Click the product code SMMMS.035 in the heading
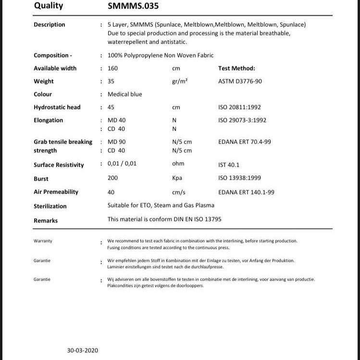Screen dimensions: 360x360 (x=133, y=6)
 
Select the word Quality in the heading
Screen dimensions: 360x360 (x=48, y=6)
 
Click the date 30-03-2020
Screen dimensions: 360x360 (x=82, y=350)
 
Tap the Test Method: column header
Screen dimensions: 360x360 (x=236, y=68)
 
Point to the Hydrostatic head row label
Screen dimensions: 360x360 (x=57, y=107)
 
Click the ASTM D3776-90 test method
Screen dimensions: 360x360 (x=240, y=81)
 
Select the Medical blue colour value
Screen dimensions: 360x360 (x=124, y=94)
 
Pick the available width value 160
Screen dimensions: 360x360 (x=112, y=68)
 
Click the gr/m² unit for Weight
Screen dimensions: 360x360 (x=179, y=81)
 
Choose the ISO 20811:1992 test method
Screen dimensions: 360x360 (x=239, y=107)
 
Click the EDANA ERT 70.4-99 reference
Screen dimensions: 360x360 (x=245, y=142)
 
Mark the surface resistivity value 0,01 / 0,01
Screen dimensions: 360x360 (x=122, y=163)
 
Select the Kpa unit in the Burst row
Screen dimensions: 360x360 (x=177, y=178)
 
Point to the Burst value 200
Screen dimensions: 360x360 (x=112, y=178)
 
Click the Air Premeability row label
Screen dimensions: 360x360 (x=56, y=192)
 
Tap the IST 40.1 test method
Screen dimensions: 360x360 (x=229, y=165)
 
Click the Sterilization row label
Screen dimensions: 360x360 (x=50, y=206)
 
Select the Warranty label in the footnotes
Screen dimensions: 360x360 (x=43, y=241)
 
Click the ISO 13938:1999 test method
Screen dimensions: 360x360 (x=239, y=178)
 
